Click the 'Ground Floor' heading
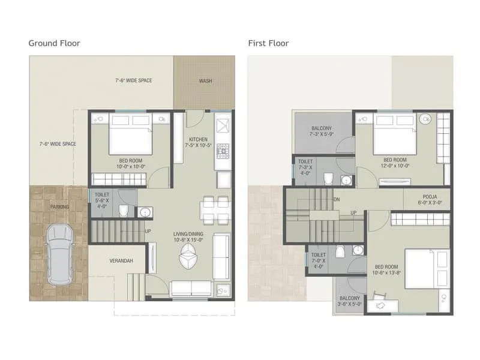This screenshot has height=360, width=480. pos(55,43)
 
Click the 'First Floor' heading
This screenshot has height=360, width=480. pos(269,43)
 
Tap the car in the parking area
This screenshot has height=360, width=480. pos(59,254)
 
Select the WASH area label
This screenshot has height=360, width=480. pos(205,80)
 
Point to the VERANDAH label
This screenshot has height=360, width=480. pos(121,261)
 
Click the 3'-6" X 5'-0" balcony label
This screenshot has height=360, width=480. pos(350,301)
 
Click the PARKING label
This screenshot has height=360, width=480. pos(60,207)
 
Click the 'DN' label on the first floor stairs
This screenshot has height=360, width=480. pos(337,200)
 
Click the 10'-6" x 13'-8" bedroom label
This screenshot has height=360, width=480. pos(387,270)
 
